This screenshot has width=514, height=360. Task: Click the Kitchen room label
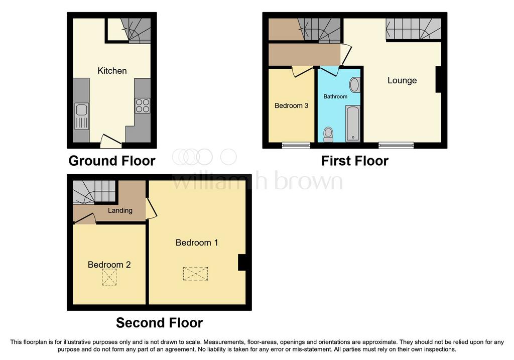112,71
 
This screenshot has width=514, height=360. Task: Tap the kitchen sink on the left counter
82,116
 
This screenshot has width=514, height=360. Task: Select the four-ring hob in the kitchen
143,105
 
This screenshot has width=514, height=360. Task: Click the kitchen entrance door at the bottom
111,141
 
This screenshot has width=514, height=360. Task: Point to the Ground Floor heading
112,161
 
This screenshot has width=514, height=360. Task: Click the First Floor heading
355,161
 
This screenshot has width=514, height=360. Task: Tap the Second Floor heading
159,323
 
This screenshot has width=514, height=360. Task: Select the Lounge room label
402,80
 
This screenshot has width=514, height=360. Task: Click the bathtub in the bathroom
353,124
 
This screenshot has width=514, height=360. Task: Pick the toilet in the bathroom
328,135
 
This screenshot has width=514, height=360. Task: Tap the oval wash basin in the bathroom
355,85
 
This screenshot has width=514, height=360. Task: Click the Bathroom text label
335,96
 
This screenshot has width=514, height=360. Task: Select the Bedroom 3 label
292,105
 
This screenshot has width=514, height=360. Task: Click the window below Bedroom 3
296,145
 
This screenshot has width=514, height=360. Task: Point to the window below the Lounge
396,145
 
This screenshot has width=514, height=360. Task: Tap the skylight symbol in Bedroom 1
195,274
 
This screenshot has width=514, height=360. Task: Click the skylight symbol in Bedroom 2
109,277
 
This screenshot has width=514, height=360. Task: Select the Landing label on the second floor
120,210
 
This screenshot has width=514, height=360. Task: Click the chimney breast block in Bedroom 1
241,262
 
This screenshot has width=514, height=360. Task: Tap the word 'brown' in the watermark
308,181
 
